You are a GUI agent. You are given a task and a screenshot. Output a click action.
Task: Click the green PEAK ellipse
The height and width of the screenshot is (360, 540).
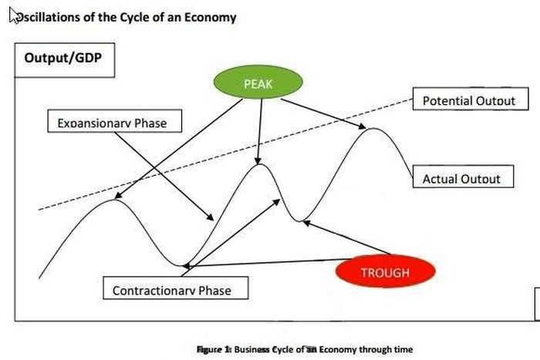click(x=258, y=83)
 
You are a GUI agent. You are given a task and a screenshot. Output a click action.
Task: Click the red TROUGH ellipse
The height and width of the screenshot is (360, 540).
click(x=385, y=272)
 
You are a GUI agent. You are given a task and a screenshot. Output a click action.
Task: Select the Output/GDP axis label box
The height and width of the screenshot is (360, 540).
click(x=65, y=59)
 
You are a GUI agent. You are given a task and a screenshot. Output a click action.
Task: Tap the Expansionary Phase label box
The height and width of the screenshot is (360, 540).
click(x=112, y=123)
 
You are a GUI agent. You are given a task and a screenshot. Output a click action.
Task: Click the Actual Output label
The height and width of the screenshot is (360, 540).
click(x=461, y=179)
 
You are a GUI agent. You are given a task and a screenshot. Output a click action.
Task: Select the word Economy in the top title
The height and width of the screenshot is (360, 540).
click(x=210, y=16)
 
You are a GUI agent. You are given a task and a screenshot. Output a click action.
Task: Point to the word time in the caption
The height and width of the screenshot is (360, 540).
click(x=403, y=348)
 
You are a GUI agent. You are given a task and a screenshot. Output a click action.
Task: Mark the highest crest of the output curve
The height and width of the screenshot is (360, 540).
click(x=372, y=128)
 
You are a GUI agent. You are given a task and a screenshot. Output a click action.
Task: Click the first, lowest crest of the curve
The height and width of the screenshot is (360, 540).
click(x=113, y=200)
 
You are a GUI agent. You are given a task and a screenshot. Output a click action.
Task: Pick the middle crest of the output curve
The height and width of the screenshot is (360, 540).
click(x=260, y=164)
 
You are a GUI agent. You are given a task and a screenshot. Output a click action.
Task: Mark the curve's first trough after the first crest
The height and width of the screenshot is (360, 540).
click(x=184, y=266)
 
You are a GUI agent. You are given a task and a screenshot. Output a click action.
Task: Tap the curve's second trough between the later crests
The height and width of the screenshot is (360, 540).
click(x=299, y=220)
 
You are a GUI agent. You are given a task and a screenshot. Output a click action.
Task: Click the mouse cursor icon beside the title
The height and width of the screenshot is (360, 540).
click(x=13, y=15)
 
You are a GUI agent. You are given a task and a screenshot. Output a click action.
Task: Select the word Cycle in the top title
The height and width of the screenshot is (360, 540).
click(x=135, y=16)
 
